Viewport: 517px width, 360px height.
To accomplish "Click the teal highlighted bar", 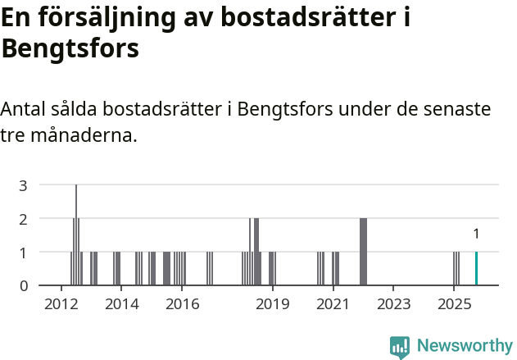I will click(x=476, y=268).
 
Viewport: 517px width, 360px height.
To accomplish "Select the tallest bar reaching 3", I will click(x=76, y=235).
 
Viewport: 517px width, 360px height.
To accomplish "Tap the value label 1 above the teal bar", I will click(x=476, y=234).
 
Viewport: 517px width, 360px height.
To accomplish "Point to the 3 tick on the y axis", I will click(x=24, y=185).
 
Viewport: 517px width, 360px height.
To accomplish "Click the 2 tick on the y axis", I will click(x=24, y=219).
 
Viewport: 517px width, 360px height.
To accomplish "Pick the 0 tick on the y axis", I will click(x=24, y=285).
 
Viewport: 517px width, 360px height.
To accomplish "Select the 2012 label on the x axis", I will click(x=61, y=305).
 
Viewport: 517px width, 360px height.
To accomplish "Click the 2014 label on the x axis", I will click(x=122, y=305).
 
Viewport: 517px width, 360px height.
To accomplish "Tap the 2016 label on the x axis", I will click(x=183, y=305).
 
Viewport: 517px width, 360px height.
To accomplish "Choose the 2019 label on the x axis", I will click(x=273, y=305).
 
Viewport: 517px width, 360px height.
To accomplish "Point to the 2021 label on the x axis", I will click(x=333, y=305).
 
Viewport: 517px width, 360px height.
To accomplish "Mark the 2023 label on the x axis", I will click(x=393, y=305).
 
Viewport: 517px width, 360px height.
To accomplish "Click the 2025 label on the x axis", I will click(x=454, y=305).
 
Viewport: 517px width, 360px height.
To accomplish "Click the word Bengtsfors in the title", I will click(x=70, y=48).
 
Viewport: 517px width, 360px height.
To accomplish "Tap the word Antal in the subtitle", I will click(x=24, y=109).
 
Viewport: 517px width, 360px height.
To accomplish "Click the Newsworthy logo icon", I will click(x=400, y=347).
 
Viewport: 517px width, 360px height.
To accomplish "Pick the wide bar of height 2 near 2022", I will click(x=363, y=252).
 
